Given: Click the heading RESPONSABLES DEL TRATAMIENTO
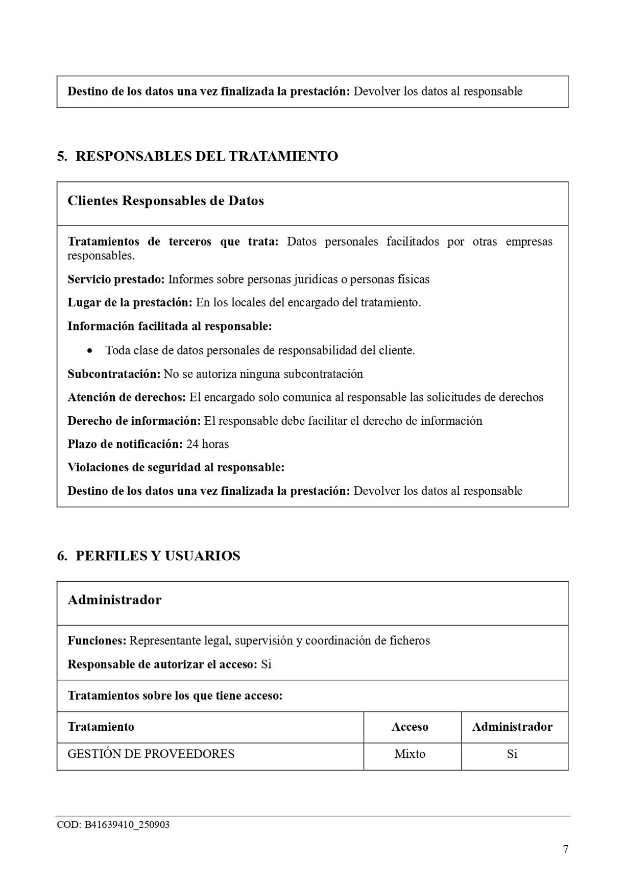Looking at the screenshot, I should pos(206,156).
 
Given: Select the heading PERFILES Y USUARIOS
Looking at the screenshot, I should pos(158,556).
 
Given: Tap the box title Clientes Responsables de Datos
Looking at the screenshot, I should pos(165,201).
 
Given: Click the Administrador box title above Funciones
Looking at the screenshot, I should pos(114,600).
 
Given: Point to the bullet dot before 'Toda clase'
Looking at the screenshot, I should pos(90,351).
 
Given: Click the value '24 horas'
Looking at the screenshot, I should pos(207,444).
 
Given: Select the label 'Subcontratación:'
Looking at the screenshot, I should pos(114,374).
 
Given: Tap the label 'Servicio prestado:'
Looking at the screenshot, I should pos(116,279).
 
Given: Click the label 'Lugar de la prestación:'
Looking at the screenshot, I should pos(130,303).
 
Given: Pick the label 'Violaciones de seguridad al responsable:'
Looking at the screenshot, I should pos(176,467).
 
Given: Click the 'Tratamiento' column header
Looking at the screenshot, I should pos(101,727).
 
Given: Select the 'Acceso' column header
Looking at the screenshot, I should pos(410,727).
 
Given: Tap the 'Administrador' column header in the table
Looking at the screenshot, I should pos(512,727).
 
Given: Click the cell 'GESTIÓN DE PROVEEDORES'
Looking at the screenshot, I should pos(151,754).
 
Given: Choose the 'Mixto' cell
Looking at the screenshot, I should pos(410,754).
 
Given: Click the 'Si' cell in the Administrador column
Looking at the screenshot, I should pos(512,754).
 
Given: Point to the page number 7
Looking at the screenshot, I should pos(565,849).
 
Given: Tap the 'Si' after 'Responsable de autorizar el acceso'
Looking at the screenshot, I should pos(266,664).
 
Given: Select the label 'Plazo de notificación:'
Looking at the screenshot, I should pos(125,444).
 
